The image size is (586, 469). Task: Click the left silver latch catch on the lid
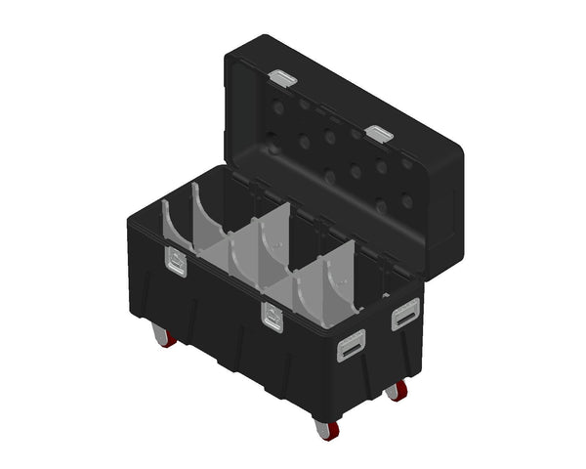pos(282,77)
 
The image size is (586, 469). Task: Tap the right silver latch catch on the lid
pos(379,132)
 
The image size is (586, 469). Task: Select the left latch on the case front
pos(176,261)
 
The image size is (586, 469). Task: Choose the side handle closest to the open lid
pos(403,317)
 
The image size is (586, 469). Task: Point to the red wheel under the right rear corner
pos(398,392)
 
